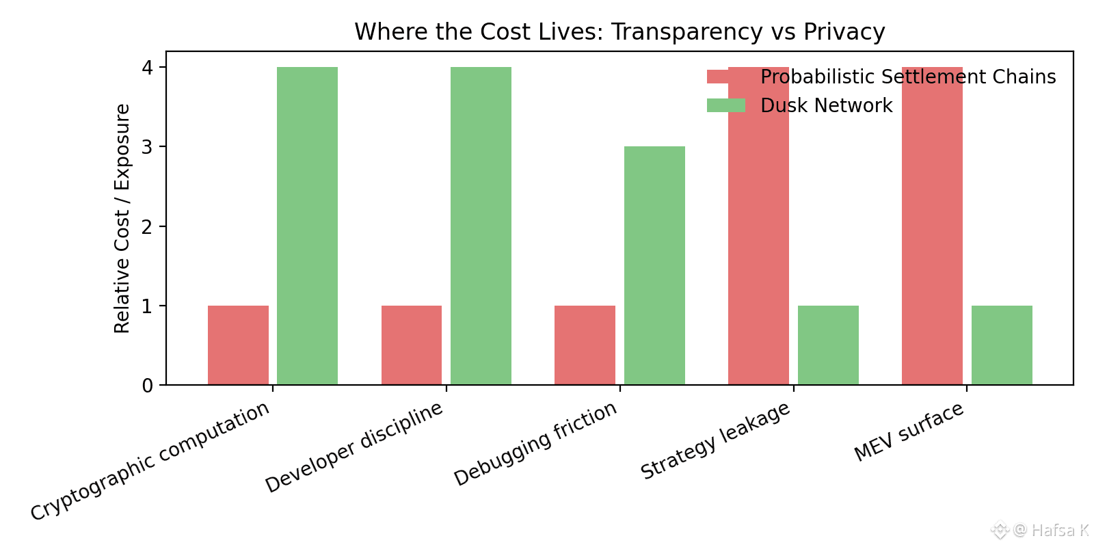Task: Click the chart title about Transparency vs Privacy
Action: [x=619, y=32]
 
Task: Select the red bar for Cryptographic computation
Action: [x=238, y=345]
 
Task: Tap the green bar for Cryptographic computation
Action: [x=307, y=226]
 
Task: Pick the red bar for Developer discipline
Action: [x=412, y=345]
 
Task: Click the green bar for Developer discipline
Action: [x=481, y=226]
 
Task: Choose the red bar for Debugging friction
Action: [x=585, y=345]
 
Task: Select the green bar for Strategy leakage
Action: [x=828, y=345]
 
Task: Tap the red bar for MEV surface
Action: [x=932, y=226]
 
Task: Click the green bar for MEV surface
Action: [x=1002, y=345]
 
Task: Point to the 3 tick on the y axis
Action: [x=147, y=147]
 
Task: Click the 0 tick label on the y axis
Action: [x=147, y=386]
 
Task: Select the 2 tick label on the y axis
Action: [x=147, y=226]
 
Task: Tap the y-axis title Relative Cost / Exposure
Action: [x=122, y=219]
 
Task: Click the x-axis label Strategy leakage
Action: [x=715, y=441]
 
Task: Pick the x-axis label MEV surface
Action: [x=909, y=432]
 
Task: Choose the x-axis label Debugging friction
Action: [x=535, y=444]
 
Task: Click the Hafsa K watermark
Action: [x=1050, y=530]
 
